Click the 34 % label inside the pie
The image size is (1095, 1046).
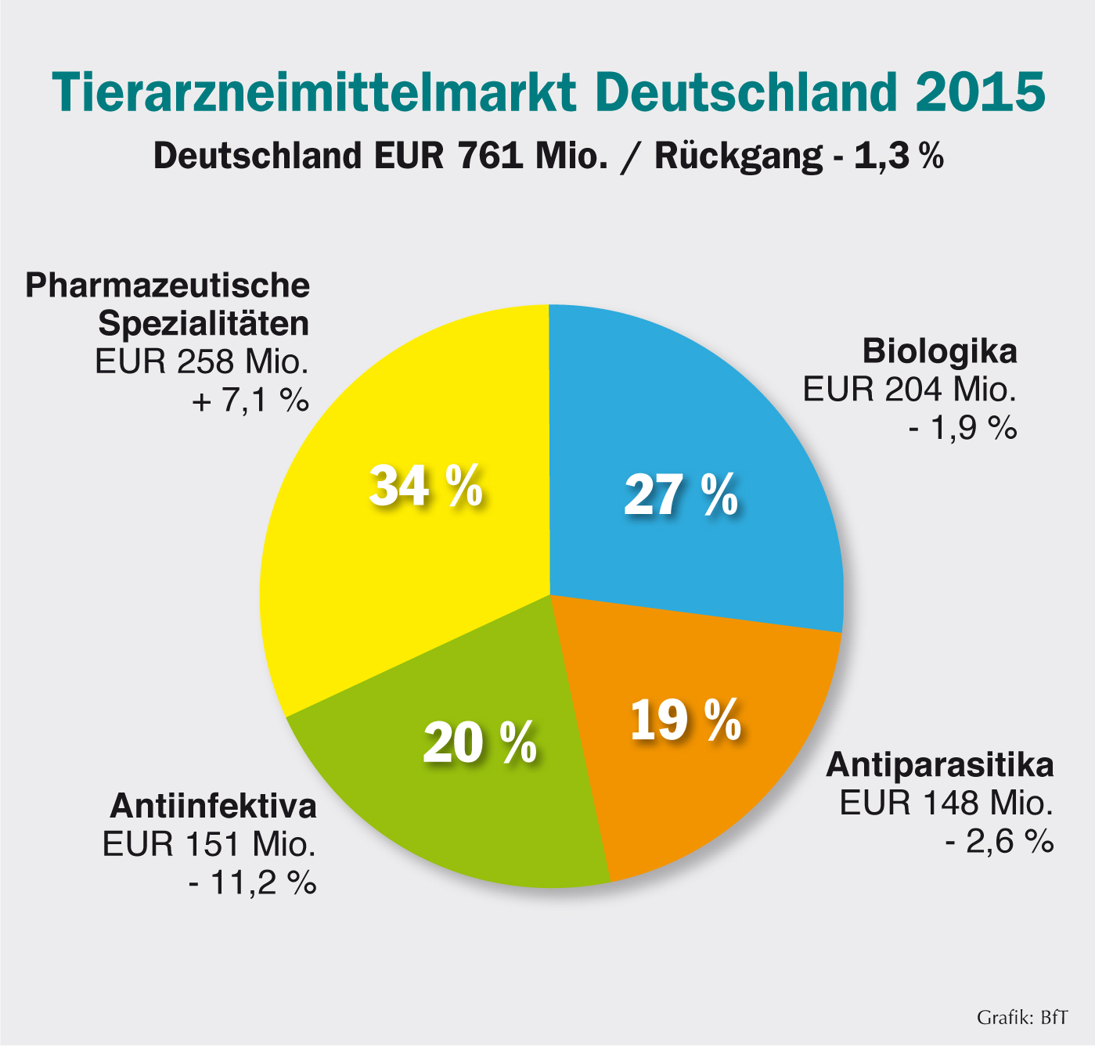425,486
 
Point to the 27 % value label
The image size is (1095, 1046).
680,495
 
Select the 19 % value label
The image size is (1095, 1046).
685,720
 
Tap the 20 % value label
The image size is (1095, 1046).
479,742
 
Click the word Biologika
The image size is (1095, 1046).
939,351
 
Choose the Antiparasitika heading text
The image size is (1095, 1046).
940,765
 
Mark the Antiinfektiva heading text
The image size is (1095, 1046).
213,806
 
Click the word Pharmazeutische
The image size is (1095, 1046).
167,285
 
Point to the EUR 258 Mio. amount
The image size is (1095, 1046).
202,362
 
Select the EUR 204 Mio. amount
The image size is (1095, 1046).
909,389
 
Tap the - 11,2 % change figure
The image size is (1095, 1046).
252,882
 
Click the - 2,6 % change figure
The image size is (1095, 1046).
999,842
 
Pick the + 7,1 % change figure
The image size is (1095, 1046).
250,401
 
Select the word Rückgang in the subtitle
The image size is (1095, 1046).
737,156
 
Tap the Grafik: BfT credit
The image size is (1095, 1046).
1021,1018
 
